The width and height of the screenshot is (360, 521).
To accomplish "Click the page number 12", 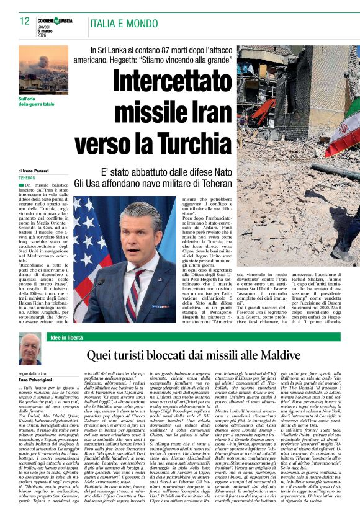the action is pyautogui.click(x=25, y=21).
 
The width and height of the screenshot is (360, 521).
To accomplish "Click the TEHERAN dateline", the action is pyautogui.click(x=27, y=177).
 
